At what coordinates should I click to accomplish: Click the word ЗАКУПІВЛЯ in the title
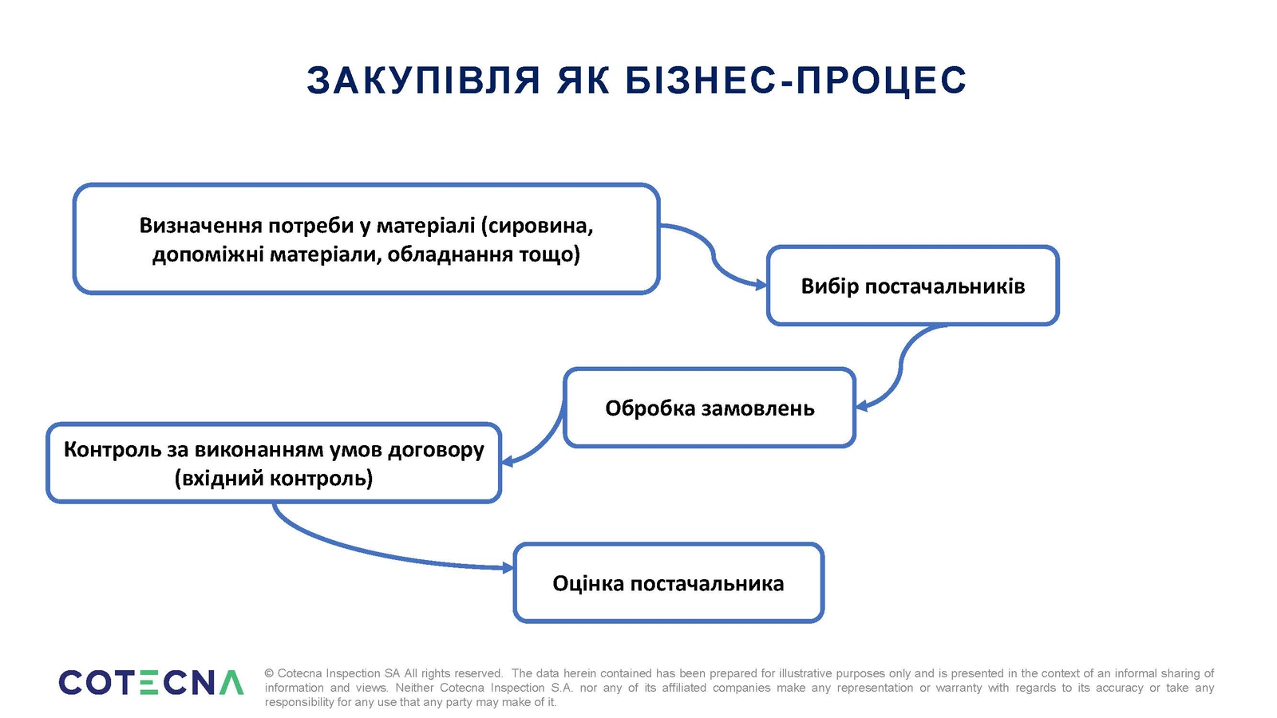tap(424, 81)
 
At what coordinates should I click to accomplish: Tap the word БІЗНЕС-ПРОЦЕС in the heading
tap(796, 81)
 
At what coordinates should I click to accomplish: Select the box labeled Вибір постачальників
tap(913, 286)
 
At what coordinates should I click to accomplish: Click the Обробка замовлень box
tap(710, 408)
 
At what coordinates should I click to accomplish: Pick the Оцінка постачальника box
tap(669, 583)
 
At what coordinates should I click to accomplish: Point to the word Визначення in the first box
tap(200, 226)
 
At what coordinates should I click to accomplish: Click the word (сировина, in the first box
tap(537, 226)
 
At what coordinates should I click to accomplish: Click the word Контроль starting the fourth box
tap(113, 450)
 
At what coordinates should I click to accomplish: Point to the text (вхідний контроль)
tap(274, 478)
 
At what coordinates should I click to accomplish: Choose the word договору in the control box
tap(436, 450)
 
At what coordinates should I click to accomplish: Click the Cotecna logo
tap(151, 683)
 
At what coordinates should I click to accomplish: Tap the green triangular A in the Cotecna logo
tap(231, 683)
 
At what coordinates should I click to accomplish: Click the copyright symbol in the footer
tap(269, 673)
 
